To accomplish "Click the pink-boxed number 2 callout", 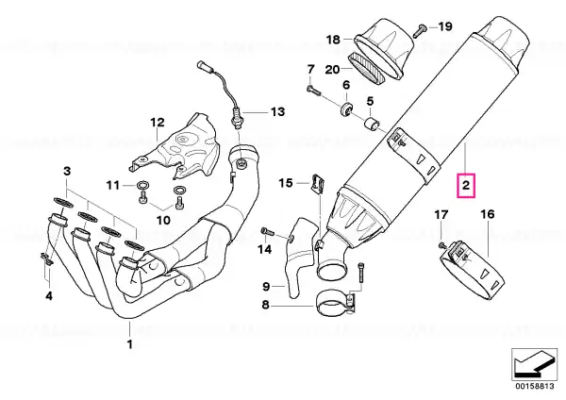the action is click(466, 186).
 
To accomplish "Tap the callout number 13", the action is click(277, 112).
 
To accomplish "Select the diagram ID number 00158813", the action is click(534, 386).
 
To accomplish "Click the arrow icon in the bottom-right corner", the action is click(534, 364).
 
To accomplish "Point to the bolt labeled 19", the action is click(419, 30).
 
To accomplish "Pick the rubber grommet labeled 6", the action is click(347, 109).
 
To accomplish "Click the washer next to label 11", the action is click(141, 186).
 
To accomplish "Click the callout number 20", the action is click(332, 69).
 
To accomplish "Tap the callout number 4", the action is click(49, 296).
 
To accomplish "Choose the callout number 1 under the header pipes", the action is click(129, 343).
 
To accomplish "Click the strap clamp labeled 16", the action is click(470, 271).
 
